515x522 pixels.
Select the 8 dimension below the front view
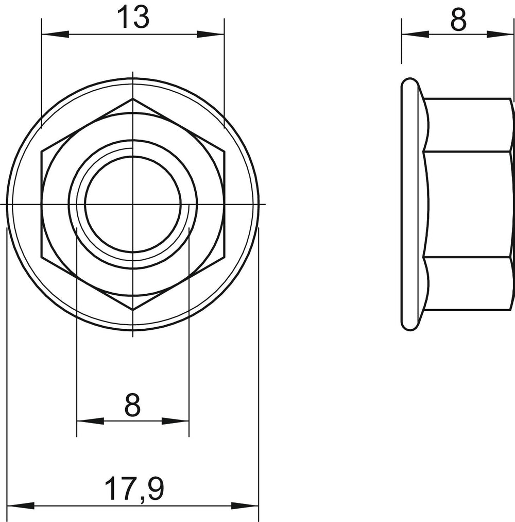(132, 405)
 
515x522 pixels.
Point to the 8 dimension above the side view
(458, 20)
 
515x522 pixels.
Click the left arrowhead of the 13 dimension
(55, 34)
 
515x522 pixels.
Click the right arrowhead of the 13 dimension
(210, 34)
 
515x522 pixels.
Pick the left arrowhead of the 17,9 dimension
(21, 507)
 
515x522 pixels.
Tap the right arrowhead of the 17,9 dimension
(245, 507)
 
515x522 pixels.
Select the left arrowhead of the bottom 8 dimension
(91, 421)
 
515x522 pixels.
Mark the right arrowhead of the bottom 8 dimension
(175, 421)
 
